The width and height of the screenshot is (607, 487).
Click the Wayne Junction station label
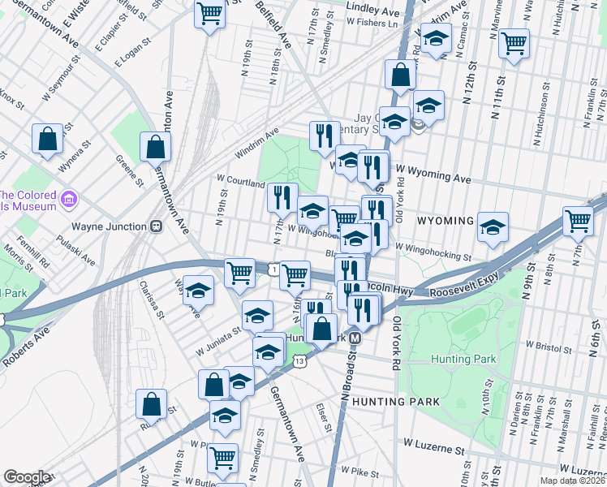[x=110, y=227]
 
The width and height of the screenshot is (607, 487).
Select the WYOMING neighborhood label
[x=445, y=221]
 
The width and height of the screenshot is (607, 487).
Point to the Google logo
[x=27, y=477]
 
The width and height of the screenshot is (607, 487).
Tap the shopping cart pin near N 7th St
[x=579, y=220]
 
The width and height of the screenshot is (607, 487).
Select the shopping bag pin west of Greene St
[x=48, y=138]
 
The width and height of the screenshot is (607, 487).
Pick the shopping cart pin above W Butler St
[x=222, y=456]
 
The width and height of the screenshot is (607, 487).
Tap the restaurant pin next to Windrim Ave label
[x=325, y=134]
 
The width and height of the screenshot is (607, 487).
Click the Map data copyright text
[x=573, y=481]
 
